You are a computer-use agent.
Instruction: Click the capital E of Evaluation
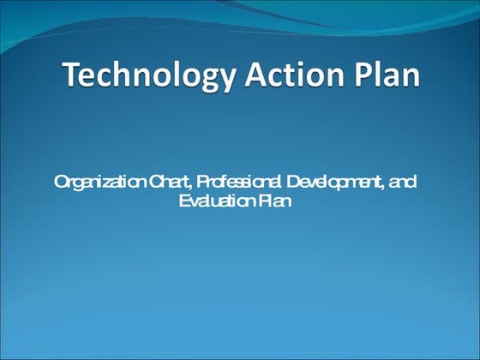(x=184, y=201)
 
